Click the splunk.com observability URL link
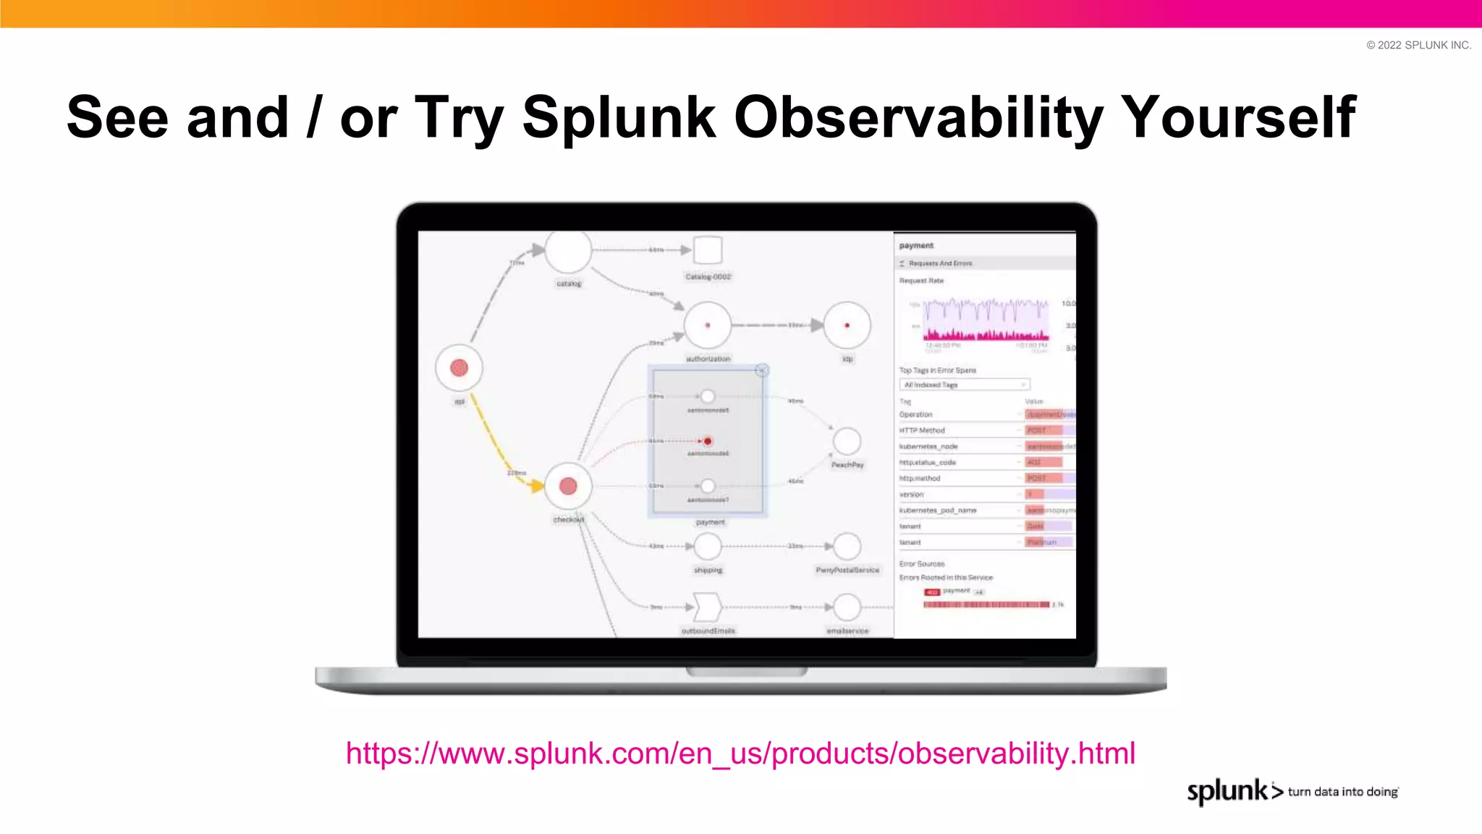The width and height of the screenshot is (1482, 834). pos(740,754)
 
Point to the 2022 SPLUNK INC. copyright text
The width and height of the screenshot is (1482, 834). pos(1418,45)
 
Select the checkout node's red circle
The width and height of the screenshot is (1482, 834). pos(568,486)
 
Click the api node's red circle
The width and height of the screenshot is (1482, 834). pos(459,368)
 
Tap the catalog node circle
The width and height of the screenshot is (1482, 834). pos(568,251)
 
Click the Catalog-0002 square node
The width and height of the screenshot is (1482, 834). pos(708,250)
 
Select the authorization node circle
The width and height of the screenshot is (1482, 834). pos(707,325)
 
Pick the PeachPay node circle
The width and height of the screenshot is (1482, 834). pos(847,440)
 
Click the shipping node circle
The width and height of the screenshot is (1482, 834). pos(708,546)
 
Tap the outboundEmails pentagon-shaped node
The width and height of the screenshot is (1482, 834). pos(707,607)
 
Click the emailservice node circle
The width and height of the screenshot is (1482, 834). pos(847,607)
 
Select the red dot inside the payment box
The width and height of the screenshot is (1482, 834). pos(708,441)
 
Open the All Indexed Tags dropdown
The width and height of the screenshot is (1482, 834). pos(964,384)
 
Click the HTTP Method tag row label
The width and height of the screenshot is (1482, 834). pos(922,430)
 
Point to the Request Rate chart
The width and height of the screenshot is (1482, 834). pos(986,321)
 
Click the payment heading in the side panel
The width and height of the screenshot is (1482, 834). pos(916,245)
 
